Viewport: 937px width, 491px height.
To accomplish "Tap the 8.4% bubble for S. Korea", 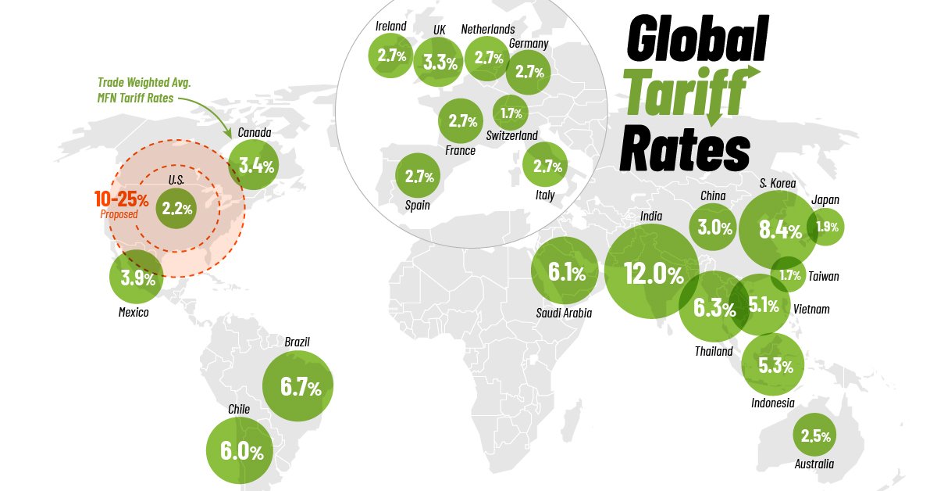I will pos(778,229).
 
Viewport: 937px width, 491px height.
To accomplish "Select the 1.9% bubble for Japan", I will pos(825,228).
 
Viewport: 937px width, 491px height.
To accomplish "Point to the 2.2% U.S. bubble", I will pos(176,209).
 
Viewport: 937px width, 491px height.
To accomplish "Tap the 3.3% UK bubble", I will pos(439,62).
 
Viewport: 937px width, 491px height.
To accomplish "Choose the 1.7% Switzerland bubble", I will pos(511,113).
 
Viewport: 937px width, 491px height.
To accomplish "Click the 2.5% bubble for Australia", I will pos(814,435).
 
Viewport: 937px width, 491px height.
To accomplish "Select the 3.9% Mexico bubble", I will pos(137,278).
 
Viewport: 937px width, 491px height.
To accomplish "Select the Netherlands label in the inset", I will pos(488,29).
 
